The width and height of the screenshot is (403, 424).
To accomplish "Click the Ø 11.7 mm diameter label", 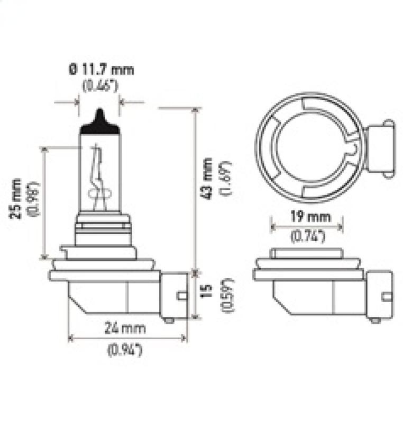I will pyautogui.click(x=100, y=69).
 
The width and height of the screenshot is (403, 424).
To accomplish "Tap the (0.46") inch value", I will pyautogui.click(x=100, y=86).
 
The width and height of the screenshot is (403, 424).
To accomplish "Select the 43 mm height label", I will pyautogui.click(x=207, y=179).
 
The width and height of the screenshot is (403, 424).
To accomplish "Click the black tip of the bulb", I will pyautogui.click(x=99, y=121).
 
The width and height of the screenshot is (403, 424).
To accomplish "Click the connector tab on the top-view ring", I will pyautogui.click(x=380, y=148).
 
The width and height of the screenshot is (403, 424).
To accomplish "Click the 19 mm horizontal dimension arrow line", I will pyautogui.click(x=307, y=227).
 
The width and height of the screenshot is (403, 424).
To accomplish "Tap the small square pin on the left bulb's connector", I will pyautogui.click(x=181, y=296).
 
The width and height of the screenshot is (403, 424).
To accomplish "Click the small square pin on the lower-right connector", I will pyautogui.click(x=387, y=296).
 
